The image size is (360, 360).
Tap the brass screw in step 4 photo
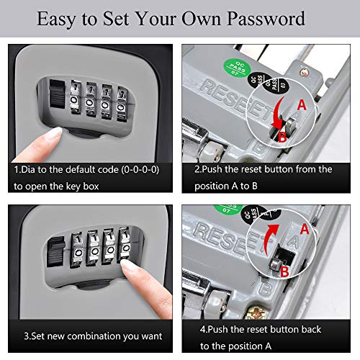tap(256, 312)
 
